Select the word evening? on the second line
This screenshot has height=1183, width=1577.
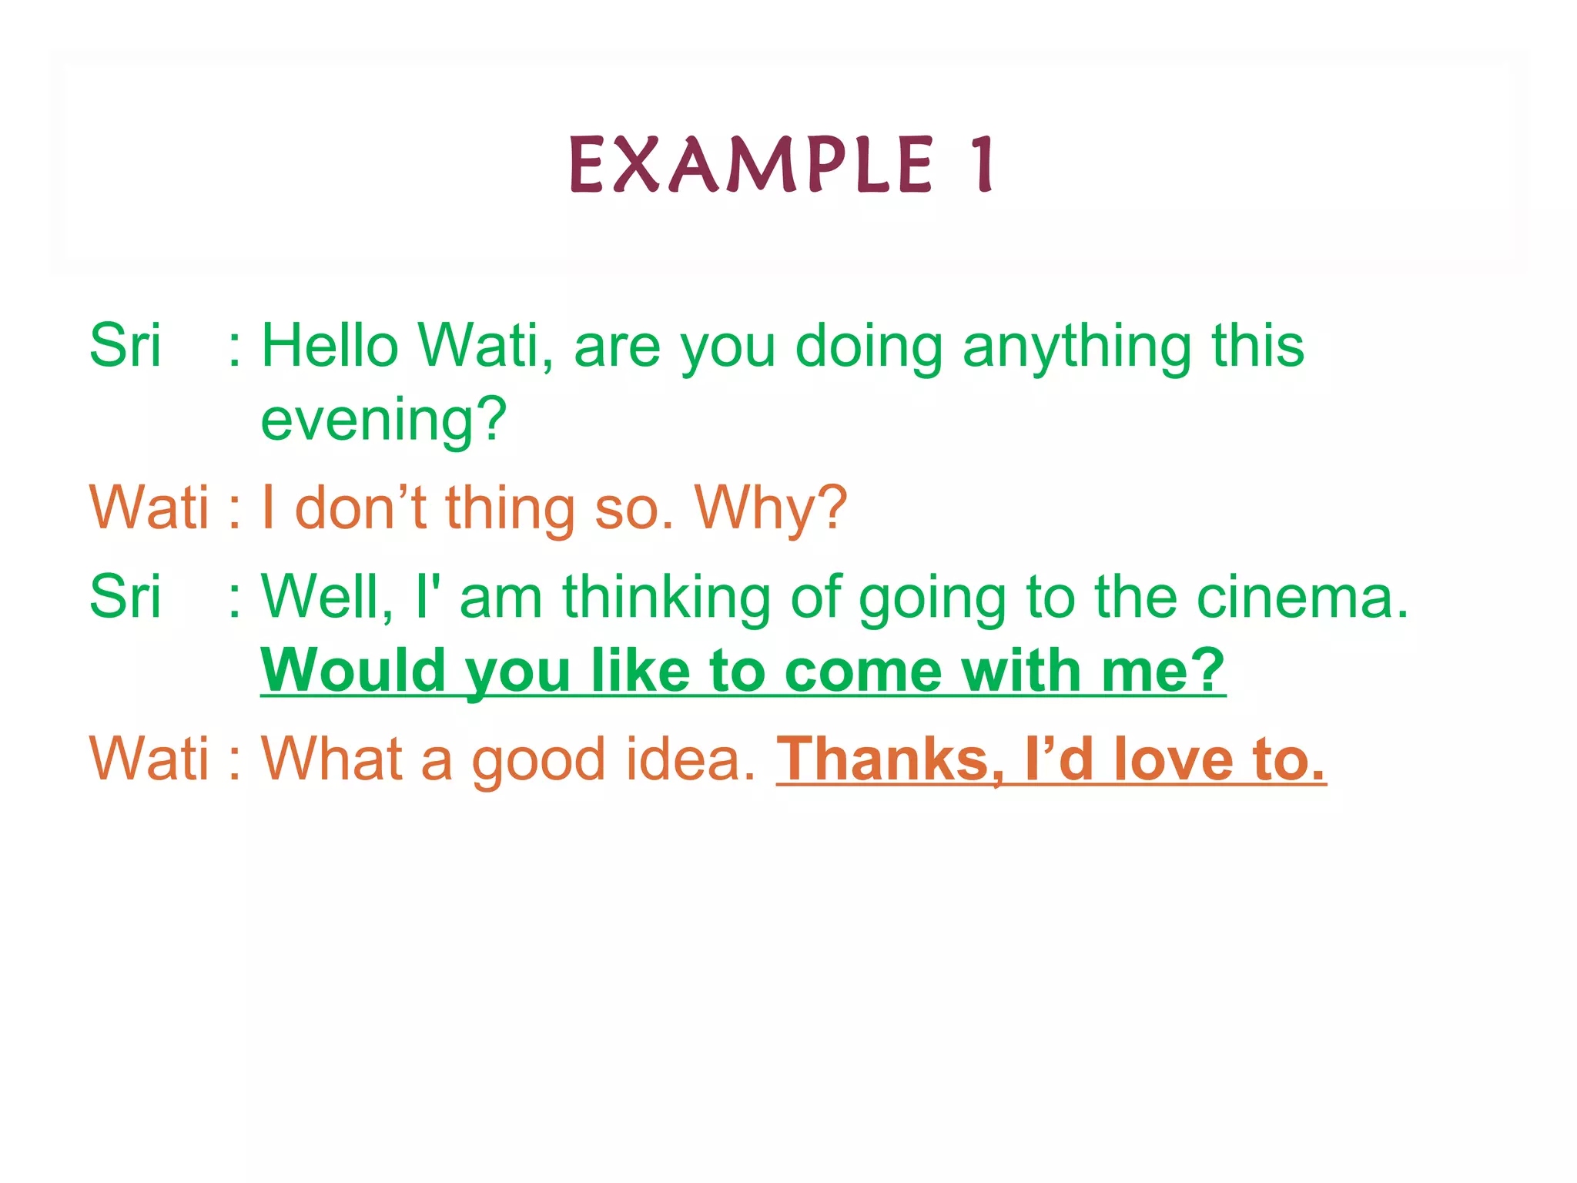[x=383, y=420]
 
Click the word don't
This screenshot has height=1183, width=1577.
[x=360, y=508]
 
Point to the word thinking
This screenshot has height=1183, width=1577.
[x=666, y=599]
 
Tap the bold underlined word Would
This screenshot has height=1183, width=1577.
[x=353, y=671]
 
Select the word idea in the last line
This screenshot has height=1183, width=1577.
[x=690, y=759]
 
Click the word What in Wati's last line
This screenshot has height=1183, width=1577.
[x=330, y=759]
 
